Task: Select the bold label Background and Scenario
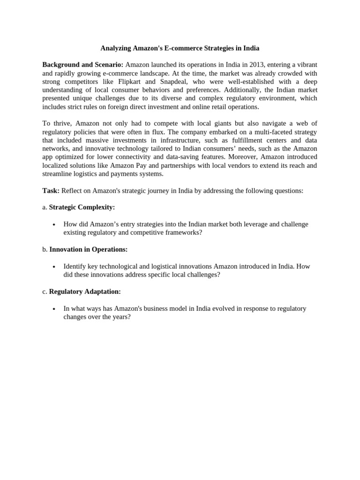click(82, 65)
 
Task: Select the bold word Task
click(51, 191)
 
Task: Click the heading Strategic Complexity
click(82, 207)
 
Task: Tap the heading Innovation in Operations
click(88, 249)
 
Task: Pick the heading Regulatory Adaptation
click(85, 292)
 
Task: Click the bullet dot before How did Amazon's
click(55, 225)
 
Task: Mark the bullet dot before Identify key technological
click(55, 267)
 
